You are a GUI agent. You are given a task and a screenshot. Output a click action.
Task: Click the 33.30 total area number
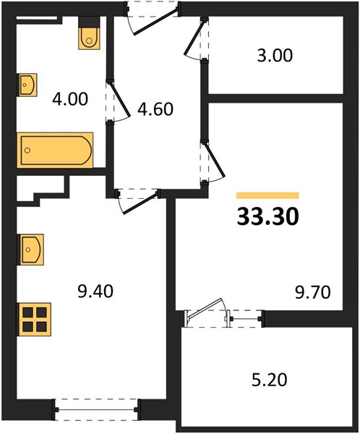pos(268,217)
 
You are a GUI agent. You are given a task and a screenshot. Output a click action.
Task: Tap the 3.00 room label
pos(275,56)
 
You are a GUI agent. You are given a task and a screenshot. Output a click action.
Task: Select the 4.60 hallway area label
pos(155,109)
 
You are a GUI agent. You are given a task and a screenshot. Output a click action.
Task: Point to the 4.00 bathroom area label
pos(70,99)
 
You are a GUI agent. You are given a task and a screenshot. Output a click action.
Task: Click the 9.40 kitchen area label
pos(95,292)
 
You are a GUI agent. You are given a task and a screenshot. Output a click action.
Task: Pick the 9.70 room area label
pos(313,292)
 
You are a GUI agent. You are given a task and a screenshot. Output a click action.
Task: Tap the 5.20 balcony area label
pos(270,380)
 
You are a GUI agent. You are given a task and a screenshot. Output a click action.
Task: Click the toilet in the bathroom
pos(89,33)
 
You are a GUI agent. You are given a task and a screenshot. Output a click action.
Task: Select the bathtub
pos(55,150)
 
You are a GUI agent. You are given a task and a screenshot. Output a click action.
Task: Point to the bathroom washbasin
pos(27,85)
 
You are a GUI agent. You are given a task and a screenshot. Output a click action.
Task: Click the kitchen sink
pos(30,250)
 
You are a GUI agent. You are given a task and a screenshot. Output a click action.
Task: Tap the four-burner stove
pos(35,320)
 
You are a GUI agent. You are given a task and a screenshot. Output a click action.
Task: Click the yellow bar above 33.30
pos(267,195)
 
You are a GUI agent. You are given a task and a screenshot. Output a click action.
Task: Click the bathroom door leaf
pos(119,98)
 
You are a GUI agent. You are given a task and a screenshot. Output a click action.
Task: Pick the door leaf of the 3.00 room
pos(194,38)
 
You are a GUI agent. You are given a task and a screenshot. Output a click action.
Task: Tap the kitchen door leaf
pos(140,203)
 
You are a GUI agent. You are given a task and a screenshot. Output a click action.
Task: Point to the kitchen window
pos(97,409)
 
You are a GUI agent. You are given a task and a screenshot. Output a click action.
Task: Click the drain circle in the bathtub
pos(27,150)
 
